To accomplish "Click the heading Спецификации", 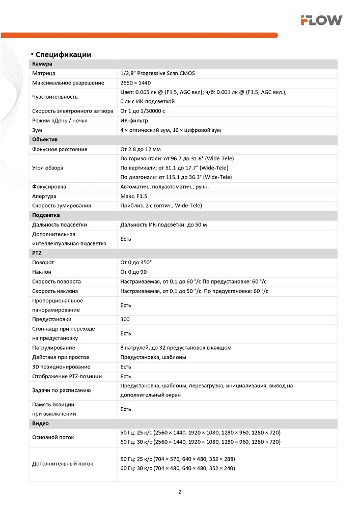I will point(63,54).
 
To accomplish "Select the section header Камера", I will point(42,64).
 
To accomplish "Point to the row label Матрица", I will point(43,73).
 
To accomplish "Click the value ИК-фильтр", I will point(134,121).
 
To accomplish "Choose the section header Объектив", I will point(45,139).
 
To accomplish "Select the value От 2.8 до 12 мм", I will point(141,149).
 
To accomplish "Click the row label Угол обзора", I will point(48,167).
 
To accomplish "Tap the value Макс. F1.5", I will point(134,196).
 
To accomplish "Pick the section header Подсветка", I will point(46,215).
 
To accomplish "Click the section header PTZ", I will point(37,253).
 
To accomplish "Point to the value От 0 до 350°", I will point(136,262).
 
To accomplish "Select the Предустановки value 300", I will point(125,319).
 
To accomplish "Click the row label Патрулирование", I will point(53,348).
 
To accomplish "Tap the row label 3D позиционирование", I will point(61,366).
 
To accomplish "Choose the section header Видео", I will point(40,423).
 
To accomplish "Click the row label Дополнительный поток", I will point(63,464).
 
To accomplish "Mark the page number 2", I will point(180,492).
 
